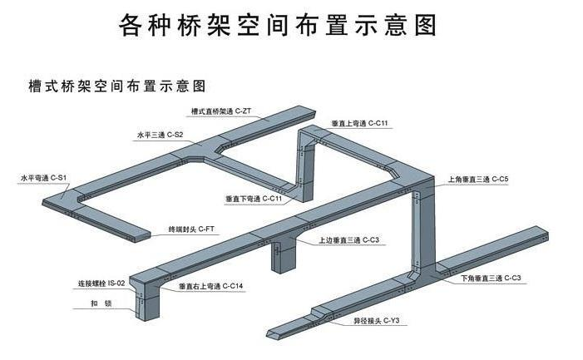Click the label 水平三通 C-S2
pyautogui.click(x=160, y=134)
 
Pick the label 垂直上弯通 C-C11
pyautogui.click(x=359, y=123)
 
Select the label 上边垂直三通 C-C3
pyautogui.click(x=348, y=240)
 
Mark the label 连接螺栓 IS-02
pyautogui.click(x=101, y=284)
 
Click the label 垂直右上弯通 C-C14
pyautogui.click(x=210, y=286)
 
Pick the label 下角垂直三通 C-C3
pyautogui.click(x=491, y=277)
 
